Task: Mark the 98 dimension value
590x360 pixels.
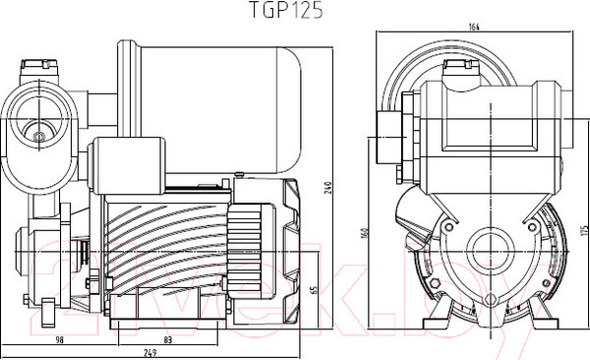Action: [58, 338]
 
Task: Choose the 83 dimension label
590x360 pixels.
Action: [169, 338]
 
